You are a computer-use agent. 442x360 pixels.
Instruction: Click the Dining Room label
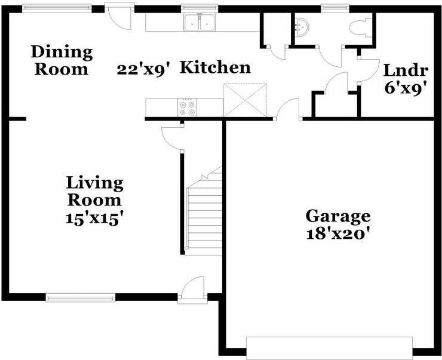coord(63,60)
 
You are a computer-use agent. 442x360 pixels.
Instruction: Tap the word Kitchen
coord(215,67)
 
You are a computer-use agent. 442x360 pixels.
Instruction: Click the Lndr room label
coord(406,70)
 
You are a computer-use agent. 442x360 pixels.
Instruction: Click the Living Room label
coord(94,191)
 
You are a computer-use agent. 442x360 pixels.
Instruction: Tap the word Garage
coord(337,216)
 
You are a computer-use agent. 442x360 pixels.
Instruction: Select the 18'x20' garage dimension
coord(337,233)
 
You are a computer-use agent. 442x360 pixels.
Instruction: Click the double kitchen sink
coord(199,23)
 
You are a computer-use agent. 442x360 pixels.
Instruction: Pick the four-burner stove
coord(187,107)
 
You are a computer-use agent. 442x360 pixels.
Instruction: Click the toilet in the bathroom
coord(360,28)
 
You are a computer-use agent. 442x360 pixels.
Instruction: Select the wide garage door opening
coord(329,347)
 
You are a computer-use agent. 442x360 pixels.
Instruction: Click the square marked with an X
coord(243,99)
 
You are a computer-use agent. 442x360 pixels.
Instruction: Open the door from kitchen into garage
coord(288,112)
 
